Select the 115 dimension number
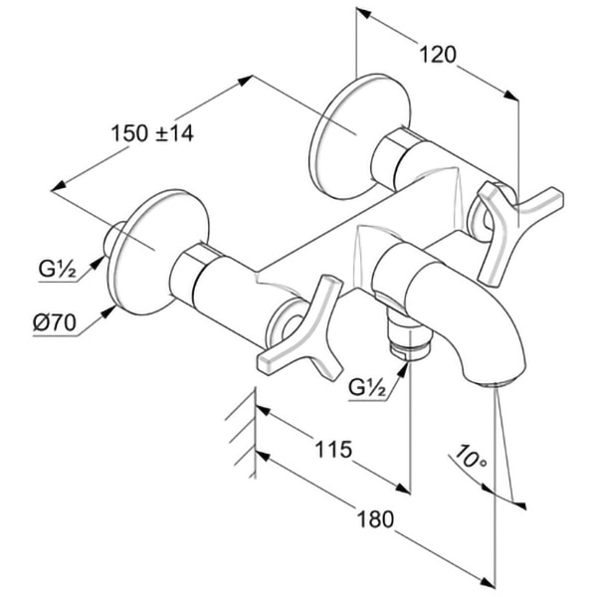pos(332,450)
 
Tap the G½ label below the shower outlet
pos(369,385)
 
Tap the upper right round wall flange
pos(343,134)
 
